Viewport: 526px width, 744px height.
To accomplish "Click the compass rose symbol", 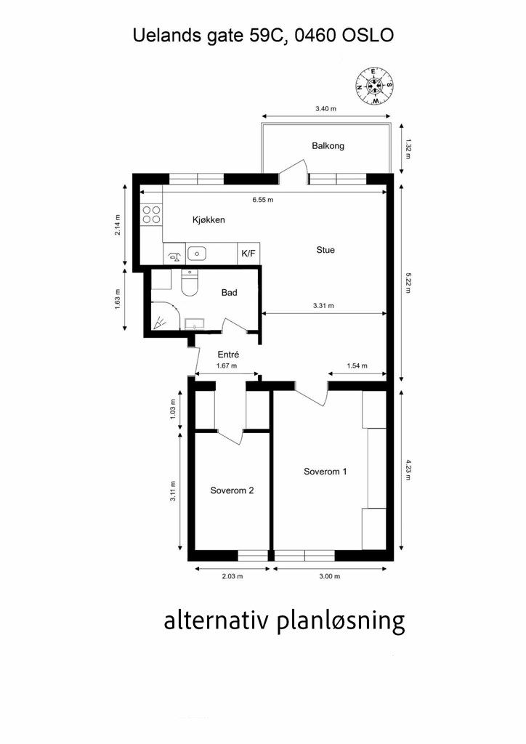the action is tap(375, 86).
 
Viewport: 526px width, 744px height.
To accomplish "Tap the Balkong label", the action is tap(328, 145).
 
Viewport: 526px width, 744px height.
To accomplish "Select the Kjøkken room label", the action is tap(209, 219).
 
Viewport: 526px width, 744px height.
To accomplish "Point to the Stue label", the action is tap(325, 250).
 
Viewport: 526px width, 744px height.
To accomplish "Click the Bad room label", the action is tap(229, 292).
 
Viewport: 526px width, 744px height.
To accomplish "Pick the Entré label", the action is tap(228, 355).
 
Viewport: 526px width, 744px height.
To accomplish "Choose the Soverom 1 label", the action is tap(325, 471).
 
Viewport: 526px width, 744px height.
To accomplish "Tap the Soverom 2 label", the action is tap(232, 490).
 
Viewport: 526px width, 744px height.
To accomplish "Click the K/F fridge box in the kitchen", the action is tap(248, 254).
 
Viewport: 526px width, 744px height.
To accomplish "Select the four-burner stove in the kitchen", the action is tap(151, 214).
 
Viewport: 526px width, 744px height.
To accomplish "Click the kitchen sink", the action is tap(196, 254).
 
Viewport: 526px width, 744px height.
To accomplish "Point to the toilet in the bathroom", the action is tap(190, 283).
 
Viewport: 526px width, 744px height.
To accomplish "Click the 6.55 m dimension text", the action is tap(263, 200).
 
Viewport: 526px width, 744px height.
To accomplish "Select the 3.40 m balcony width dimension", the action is tap(326, 109).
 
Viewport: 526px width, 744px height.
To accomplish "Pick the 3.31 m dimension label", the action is tap(323, 306).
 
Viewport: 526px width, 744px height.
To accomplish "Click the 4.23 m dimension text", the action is tap(408, 469).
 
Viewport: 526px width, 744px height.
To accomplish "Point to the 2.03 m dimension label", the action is tap(232, 576).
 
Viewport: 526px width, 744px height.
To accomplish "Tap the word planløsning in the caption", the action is tap(341, 621).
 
